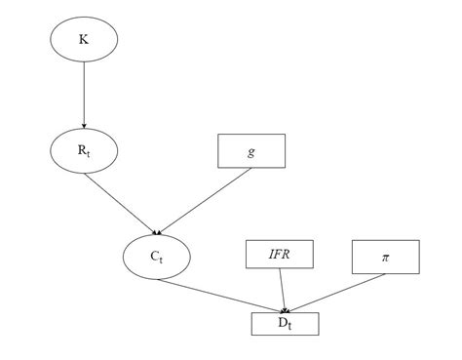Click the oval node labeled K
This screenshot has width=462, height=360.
click(83, 39)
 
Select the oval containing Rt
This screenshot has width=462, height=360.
click(83, 151)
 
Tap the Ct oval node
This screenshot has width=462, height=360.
click(156, 257)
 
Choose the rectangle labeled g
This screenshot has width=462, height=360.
click(250, 151)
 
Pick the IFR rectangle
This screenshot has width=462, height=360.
click(279, 257)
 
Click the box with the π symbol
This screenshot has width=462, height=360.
click(385, 257)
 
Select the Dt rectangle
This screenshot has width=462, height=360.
click(284, 322)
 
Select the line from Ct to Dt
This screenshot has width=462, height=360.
click(219, 295)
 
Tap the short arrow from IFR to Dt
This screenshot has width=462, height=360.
click(282, 291)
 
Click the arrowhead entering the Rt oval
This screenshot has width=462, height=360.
click(84, 126)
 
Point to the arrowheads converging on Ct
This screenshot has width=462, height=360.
click(156, 232)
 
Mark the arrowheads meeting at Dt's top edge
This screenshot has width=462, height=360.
click(284, 308)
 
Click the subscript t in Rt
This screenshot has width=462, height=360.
click(89, 154)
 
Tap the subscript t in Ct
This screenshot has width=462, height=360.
click(161, 260)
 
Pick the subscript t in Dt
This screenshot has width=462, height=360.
click(289, 325)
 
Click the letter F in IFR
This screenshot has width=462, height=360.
click(279, 257)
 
